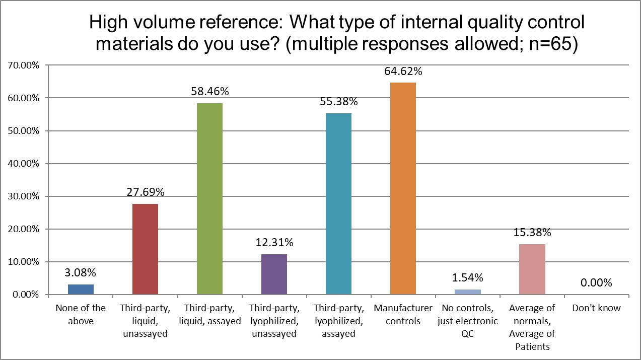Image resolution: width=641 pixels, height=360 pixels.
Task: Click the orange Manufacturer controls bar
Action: [x=403, y=188]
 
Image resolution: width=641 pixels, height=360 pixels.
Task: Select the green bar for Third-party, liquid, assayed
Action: [x=209, y=198]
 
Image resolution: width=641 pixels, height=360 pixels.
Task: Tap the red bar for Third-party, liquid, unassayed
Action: [x=145, y=249]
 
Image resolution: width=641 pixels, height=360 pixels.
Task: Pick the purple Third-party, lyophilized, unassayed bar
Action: [x=274, y=274]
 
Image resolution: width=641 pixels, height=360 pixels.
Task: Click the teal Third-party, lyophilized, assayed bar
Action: [x=338, y=203]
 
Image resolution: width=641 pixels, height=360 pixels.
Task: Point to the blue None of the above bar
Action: [x=81, y=290]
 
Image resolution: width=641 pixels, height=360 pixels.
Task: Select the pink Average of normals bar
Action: [x=532, y=269]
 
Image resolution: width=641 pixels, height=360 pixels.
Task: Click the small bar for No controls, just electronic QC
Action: [x=468, y=292]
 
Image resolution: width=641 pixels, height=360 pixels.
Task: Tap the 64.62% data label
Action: [x=403, y=71]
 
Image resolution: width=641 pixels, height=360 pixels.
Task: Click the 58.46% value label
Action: [x=209, y=92]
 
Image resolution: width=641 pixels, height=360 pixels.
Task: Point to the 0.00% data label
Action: [x=596, y=283]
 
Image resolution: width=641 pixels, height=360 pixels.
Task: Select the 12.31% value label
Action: [x=274, y=243]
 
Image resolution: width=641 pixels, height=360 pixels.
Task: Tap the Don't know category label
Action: [x=596, y=308]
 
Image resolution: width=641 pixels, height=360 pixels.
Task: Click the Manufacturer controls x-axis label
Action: [x=403, y=314]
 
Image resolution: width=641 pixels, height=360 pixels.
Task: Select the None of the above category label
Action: [x=81, y=314]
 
